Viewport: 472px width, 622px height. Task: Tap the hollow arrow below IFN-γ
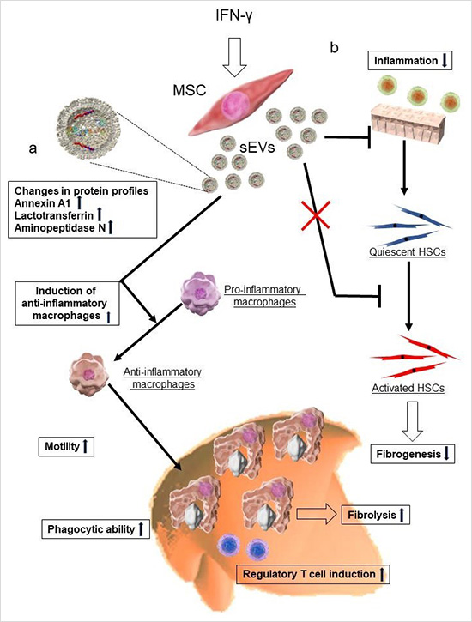[234, 57]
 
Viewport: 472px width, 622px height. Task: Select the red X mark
[315, 216]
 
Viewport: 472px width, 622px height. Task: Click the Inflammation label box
[410, 61]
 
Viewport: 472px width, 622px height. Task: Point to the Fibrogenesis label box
[413, 454]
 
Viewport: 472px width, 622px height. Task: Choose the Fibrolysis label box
[376, 515]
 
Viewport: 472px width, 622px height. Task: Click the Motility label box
[66, 446]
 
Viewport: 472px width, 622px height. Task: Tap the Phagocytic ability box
[95, 528]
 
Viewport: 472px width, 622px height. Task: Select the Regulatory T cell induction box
[313, 574]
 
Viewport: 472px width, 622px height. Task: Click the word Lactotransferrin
[54, 215]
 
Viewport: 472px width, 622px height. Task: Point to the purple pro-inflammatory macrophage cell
[200, 293]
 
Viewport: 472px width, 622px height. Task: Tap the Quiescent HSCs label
[408, 252]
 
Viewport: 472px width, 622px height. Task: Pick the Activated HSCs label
[408, 388]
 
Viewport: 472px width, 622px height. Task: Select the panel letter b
[335, 47]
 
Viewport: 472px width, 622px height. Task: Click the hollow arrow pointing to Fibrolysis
[317, 515]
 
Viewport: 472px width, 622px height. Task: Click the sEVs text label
[257, 148]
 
